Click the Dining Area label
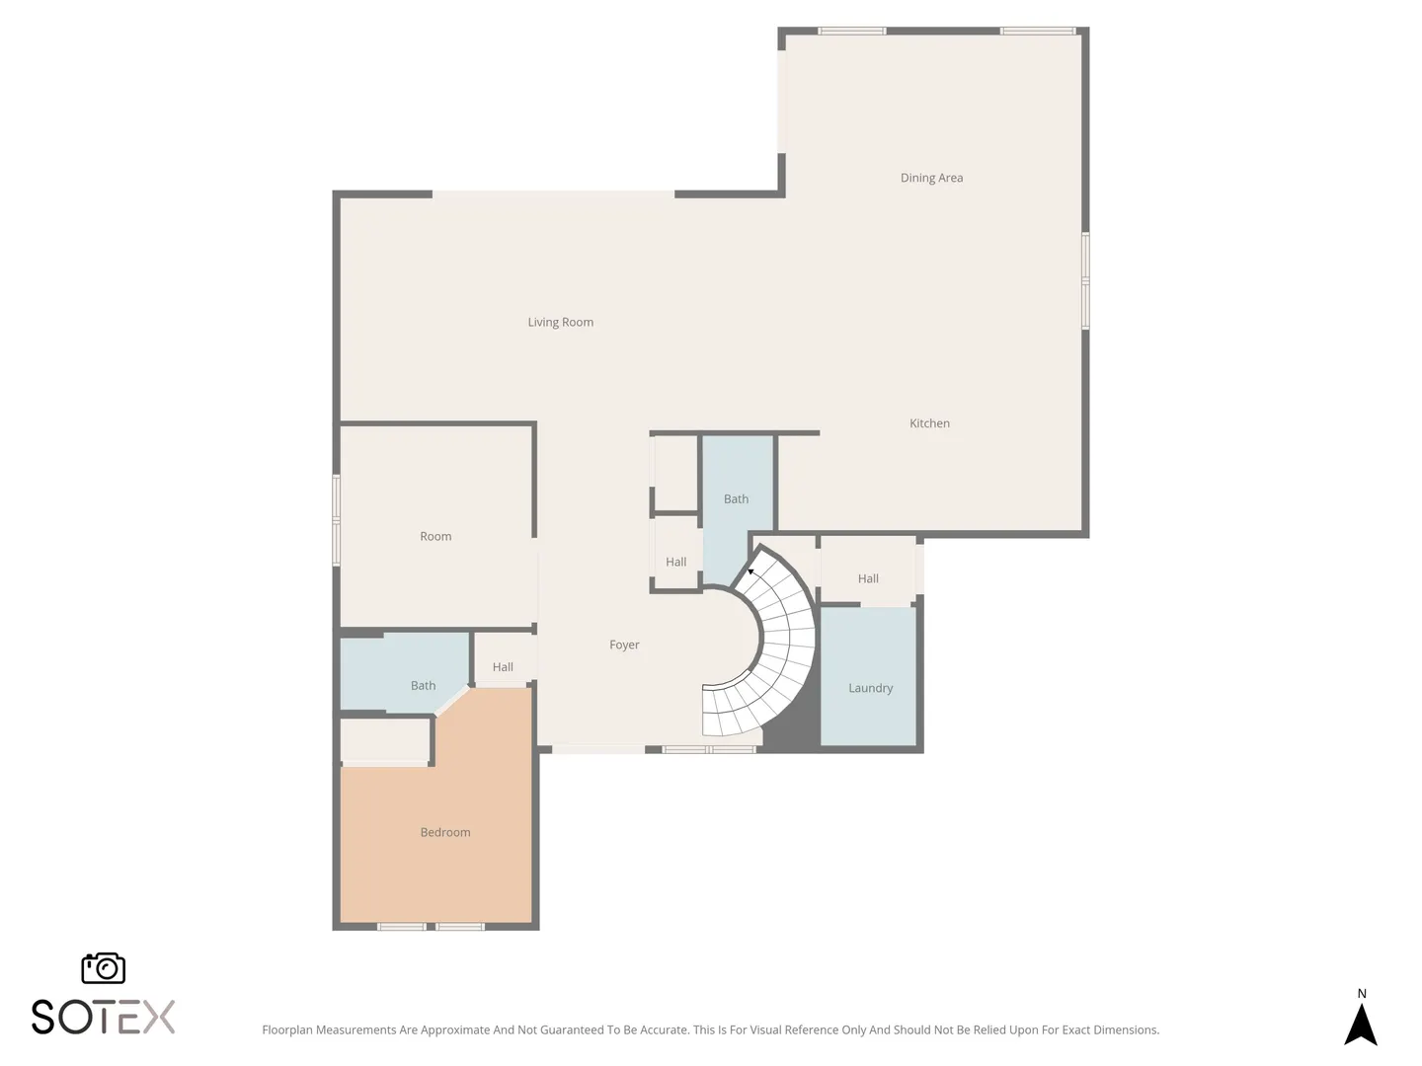point(931,178)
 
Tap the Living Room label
point(560,323)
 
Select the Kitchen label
point(929,423)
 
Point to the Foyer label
point(624,645)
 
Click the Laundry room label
point(870,688)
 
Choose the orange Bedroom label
point(445,832)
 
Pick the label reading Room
point(435,536)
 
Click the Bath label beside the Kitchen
point(736,499)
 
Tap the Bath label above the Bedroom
point(423,685)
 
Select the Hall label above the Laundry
point(868,578)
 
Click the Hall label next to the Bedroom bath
point(503,666)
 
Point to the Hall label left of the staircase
point(675,562)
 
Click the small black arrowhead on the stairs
point(750,571)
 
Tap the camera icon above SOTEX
point(103,967)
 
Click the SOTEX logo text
point(103,1017)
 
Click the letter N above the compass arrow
point(1361,994)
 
